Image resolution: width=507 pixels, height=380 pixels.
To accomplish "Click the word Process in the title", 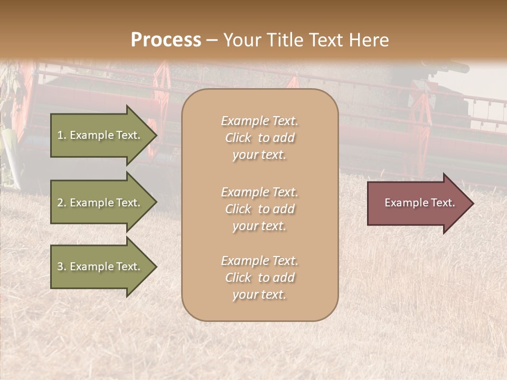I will (166, 40).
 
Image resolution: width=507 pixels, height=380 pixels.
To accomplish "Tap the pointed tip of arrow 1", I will (155, 135).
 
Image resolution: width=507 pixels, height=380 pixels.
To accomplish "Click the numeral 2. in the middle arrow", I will (62, 203).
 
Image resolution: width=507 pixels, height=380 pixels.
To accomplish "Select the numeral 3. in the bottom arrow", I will (62, 267).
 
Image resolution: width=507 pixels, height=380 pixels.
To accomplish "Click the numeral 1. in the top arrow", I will (61, 135).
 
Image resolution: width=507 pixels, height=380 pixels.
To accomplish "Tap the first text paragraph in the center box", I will (259, 138).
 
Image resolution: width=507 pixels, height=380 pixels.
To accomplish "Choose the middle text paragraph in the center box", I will (259, 209).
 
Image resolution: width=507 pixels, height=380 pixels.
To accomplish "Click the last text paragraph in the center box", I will (259, 278).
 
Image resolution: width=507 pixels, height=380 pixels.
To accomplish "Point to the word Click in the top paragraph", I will (238, 138).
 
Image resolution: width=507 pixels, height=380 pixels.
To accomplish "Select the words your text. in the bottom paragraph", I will (259, 294).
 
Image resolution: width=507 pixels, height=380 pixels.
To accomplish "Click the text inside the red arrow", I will (419, 203).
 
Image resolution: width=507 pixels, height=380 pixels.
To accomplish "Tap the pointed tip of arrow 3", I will (155, 267).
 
